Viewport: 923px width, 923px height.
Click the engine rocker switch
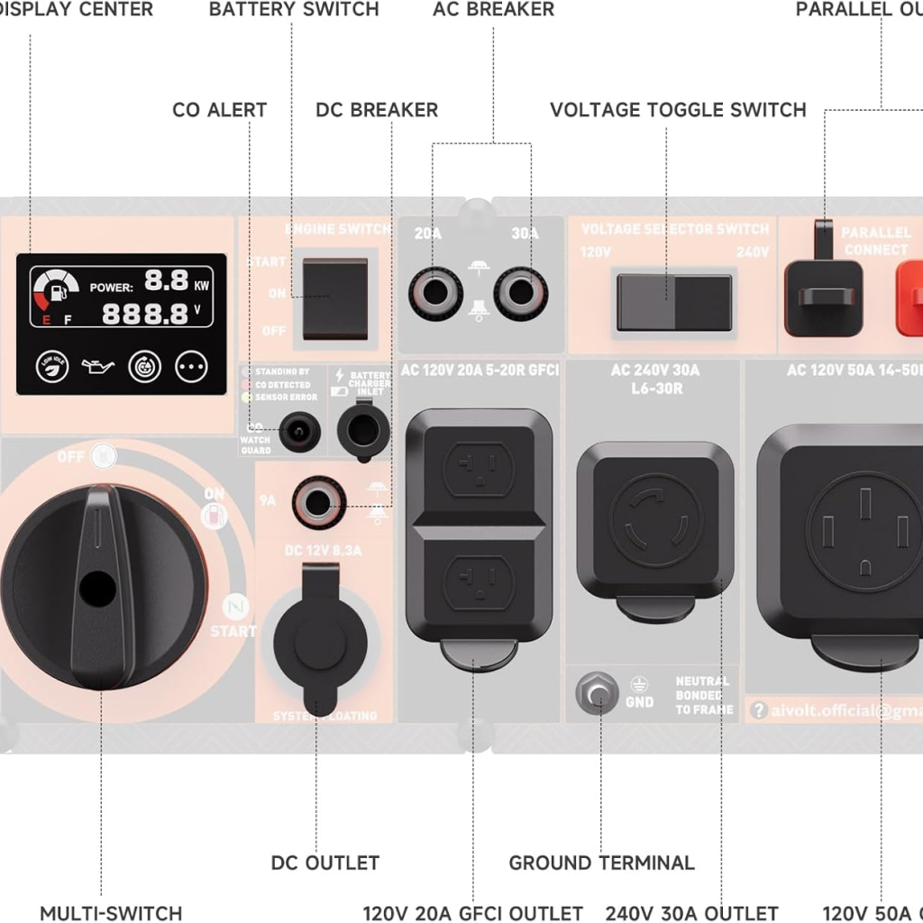click(x=334, y=298)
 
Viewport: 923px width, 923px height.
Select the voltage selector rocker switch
click(x=673, y=302)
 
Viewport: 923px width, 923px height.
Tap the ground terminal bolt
click(x=597, y=694)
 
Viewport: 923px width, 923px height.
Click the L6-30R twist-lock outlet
click(x=654, y=520)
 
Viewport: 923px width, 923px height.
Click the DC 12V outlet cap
click(x=320, y=636)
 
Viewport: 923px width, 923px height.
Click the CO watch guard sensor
click(x=297, y=432)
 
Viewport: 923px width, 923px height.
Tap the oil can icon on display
click(x=98, y=367)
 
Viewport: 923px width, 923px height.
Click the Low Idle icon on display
click(x=52, y=367)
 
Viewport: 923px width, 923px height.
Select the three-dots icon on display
click(x=191, y=367)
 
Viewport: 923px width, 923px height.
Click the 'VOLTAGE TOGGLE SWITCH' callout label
click(x=678, y=110)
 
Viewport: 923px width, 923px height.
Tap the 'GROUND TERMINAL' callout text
click(x=601, y=863)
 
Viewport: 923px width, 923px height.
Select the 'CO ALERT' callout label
click(x=219, y=110)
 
